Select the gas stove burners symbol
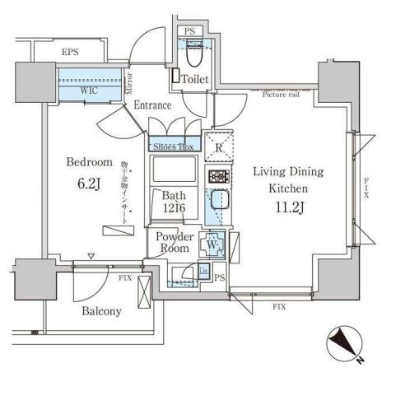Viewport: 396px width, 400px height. pyautogui.click(x=217, y=176)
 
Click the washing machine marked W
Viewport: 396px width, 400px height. pyautogui.click(x=212, y=243)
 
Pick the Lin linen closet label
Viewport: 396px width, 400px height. pyautogui.click(x=202, y=271)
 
